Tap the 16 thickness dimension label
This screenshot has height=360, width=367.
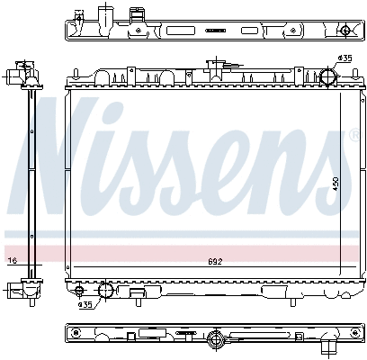[12, 261]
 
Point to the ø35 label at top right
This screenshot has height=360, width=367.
[344, 58]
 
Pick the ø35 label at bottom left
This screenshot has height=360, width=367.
[85, 304]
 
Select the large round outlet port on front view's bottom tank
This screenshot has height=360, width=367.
[105, 290]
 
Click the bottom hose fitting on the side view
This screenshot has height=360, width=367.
[19, 289]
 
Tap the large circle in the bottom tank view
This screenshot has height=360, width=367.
[216, 338]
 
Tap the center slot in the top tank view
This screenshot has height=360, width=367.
[213, 31]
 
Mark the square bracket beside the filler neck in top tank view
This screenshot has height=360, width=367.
[138, 16]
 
